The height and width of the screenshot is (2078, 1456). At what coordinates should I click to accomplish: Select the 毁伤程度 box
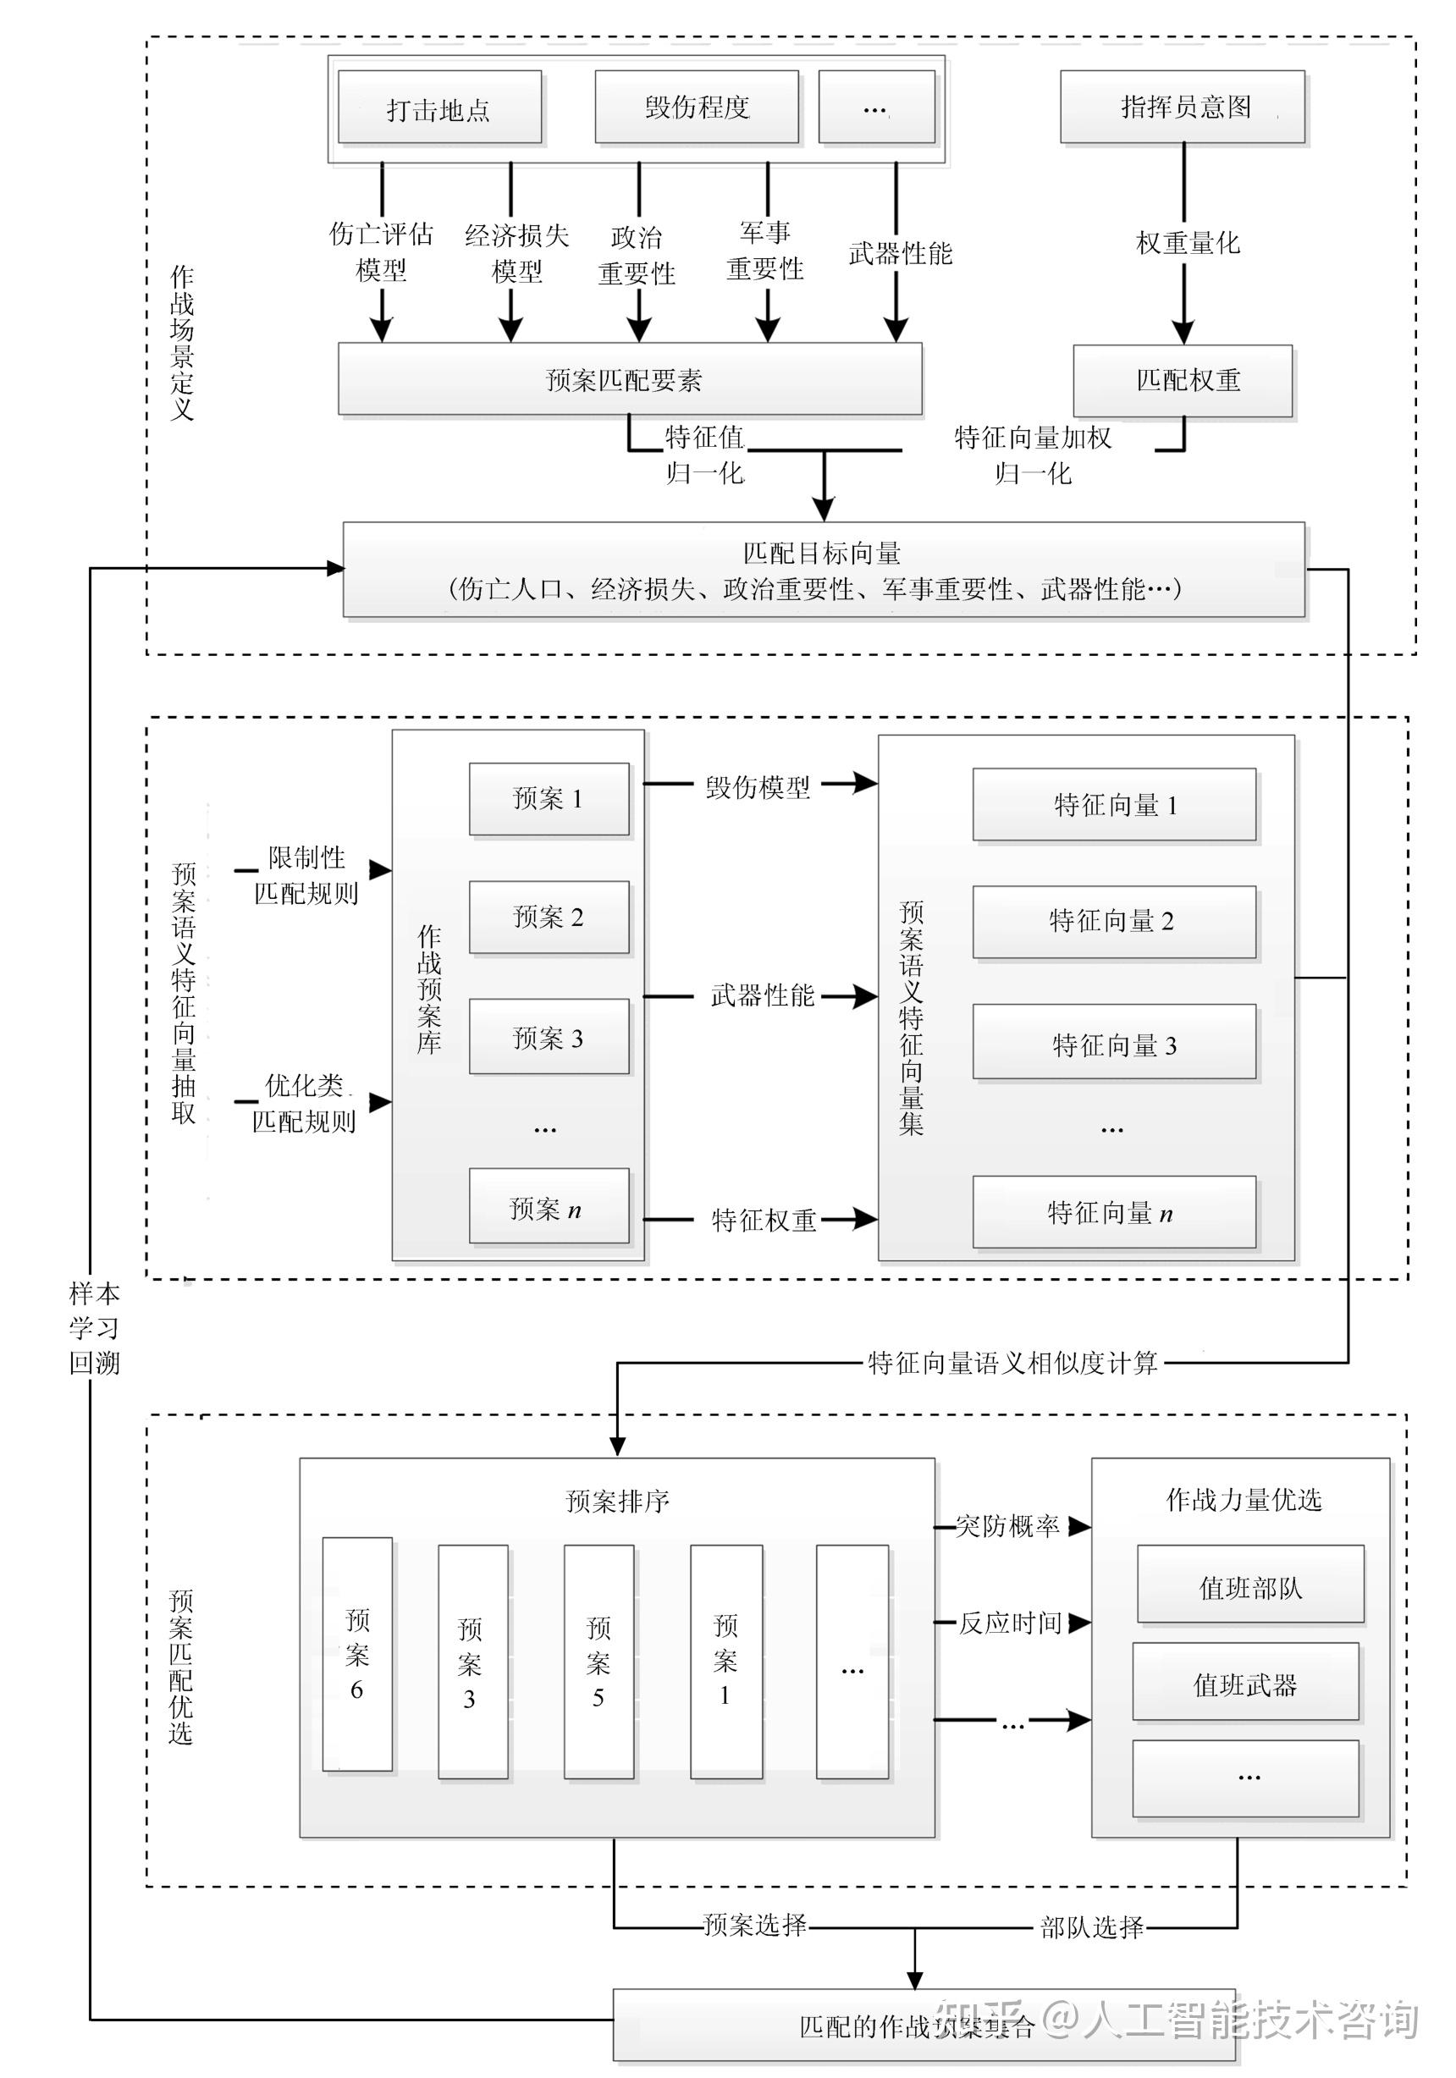pos(696,107)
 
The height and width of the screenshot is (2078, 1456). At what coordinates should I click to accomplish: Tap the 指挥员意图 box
pos(1182,107)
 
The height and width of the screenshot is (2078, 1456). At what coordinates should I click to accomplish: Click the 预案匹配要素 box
pos(630,379)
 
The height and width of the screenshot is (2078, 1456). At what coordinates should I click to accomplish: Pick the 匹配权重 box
pos(1182,380)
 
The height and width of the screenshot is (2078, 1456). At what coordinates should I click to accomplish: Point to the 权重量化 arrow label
pos(1188,243)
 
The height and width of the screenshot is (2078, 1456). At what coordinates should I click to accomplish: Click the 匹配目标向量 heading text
pos(822,552)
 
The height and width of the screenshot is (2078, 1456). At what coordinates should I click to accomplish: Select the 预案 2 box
pos(549,917)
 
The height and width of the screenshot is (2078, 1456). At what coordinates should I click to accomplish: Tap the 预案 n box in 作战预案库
pos(549,1208)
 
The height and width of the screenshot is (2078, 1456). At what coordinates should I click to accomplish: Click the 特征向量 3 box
pos(1114,1045)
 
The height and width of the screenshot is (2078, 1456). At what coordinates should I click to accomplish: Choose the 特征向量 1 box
pos(1114,805)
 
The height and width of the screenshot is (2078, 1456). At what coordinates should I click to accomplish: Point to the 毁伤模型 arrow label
pos(758,786)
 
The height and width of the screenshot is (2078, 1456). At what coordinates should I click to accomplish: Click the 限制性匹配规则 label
pos(306,875)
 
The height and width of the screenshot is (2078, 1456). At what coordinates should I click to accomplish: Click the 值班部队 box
pos(1249,1587)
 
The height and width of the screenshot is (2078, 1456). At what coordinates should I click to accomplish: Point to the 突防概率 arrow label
pos(1007,1526)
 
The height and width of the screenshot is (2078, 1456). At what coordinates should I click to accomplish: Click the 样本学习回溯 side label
pos(94,1328)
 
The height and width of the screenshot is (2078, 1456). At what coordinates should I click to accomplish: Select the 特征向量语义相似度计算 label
pos(1012,1362)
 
